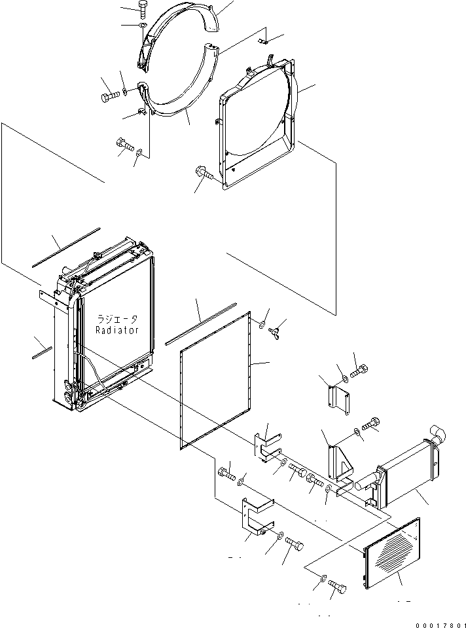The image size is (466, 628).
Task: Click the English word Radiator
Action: [x=117, y=331]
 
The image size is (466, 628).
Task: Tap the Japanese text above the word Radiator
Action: [x=117, y=320]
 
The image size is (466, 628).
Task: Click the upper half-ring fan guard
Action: [x=177, y=36]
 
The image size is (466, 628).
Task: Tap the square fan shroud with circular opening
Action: [x=259, y=124]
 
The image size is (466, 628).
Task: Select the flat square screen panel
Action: [x=216, y=386]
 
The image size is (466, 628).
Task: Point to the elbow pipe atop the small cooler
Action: [x=435, y=433]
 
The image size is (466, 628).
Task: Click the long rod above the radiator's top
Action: [x=65, y=247]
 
